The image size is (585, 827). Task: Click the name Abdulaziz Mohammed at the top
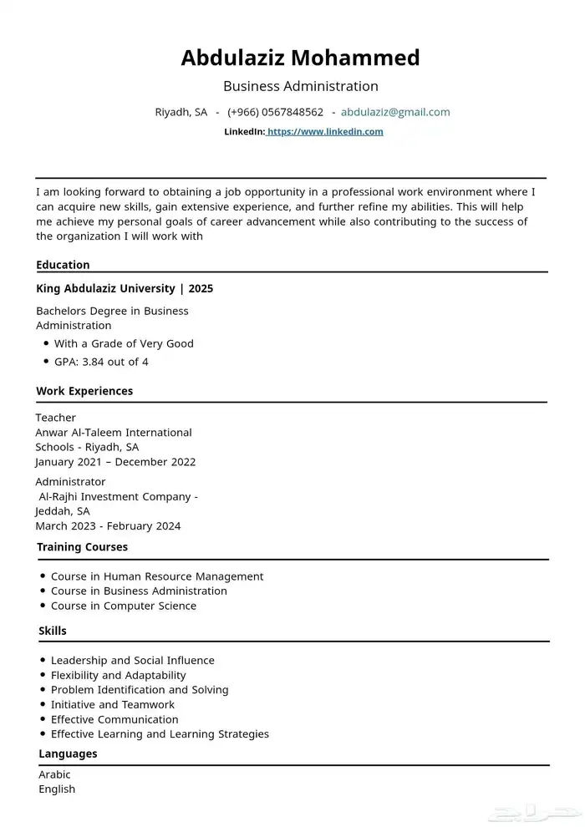point(300,58)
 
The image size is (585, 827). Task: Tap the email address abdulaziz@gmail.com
point(395,112)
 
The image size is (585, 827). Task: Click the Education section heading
point(63,265)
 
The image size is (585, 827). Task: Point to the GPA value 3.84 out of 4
point(101,362)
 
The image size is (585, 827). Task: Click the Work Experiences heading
point(84,391)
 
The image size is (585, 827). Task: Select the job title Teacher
point(55,418)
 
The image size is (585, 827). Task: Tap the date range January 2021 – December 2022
point(115,462)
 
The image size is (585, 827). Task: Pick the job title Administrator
point(70,482)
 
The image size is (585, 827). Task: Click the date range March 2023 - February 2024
point(108,526)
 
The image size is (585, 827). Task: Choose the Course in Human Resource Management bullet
point(157,576)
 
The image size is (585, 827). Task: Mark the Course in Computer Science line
point(124,606)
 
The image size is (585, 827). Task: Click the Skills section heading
point(53,631)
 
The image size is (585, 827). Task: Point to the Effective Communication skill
point(114,719)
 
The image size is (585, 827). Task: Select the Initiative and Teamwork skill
point(113,704)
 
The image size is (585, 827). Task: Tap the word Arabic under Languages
point(54,774)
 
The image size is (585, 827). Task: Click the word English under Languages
point(57,789)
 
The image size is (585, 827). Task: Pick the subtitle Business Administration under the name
point(300,86)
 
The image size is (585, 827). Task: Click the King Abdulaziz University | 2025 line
point(125,289)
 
